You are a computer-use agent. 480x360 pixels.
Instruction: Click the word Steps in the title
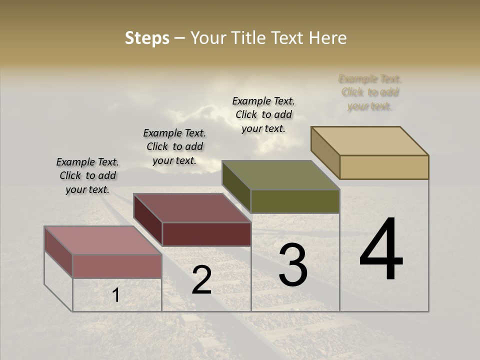point(147,38)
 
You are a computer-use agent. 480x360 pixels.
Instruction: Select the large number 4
point(381,250)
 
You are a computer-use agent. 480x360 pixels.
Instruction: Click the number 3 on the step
point(293,265)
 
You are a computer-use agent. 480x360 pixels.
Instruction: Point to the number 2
point(201,280)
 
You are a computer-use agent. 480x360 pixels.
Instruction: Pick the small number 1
point(115,295)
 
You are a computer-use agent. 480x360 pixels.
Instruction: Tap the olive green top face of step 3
point(280,175)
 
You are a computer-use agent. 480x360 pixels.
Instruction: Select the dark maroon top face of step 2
point(191,208)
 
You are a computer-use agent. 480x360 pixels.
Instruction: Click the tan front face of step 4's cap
point(384,167)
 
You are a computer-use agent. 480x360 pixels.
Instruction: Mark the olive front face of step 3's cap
point(295,201)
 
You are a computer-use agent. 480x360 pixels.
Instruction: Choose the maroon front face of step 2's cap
point(206,234)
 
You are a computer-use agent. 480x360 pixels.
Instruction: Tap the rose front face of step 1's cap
point(117,266)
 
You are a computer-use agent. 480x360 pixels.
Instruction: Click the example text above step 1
point(87,176)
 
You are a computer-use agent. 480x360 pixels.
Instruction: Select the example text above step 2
point(174,147)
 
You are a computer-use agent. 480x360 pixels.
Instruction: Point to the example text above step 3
point(263,114)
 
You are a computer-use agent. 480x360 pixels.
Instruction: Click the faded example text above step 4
point(370,92)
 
